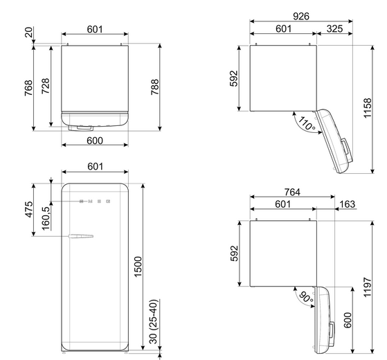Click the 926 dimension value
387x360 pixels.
301,17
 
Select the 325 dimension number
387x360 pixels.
334,29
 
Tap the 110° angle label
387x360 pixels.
307,123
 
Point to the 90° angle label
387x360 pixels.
306,297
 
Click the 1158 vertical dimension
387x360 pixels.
368,108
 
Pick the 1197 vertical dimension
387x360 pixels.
368,287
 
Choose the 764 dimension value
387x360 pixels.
292,192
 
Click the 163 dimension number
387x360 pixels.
348,204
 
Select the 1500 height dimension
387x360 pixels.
138,267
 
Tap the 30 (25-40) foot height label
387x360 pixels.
154,321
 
